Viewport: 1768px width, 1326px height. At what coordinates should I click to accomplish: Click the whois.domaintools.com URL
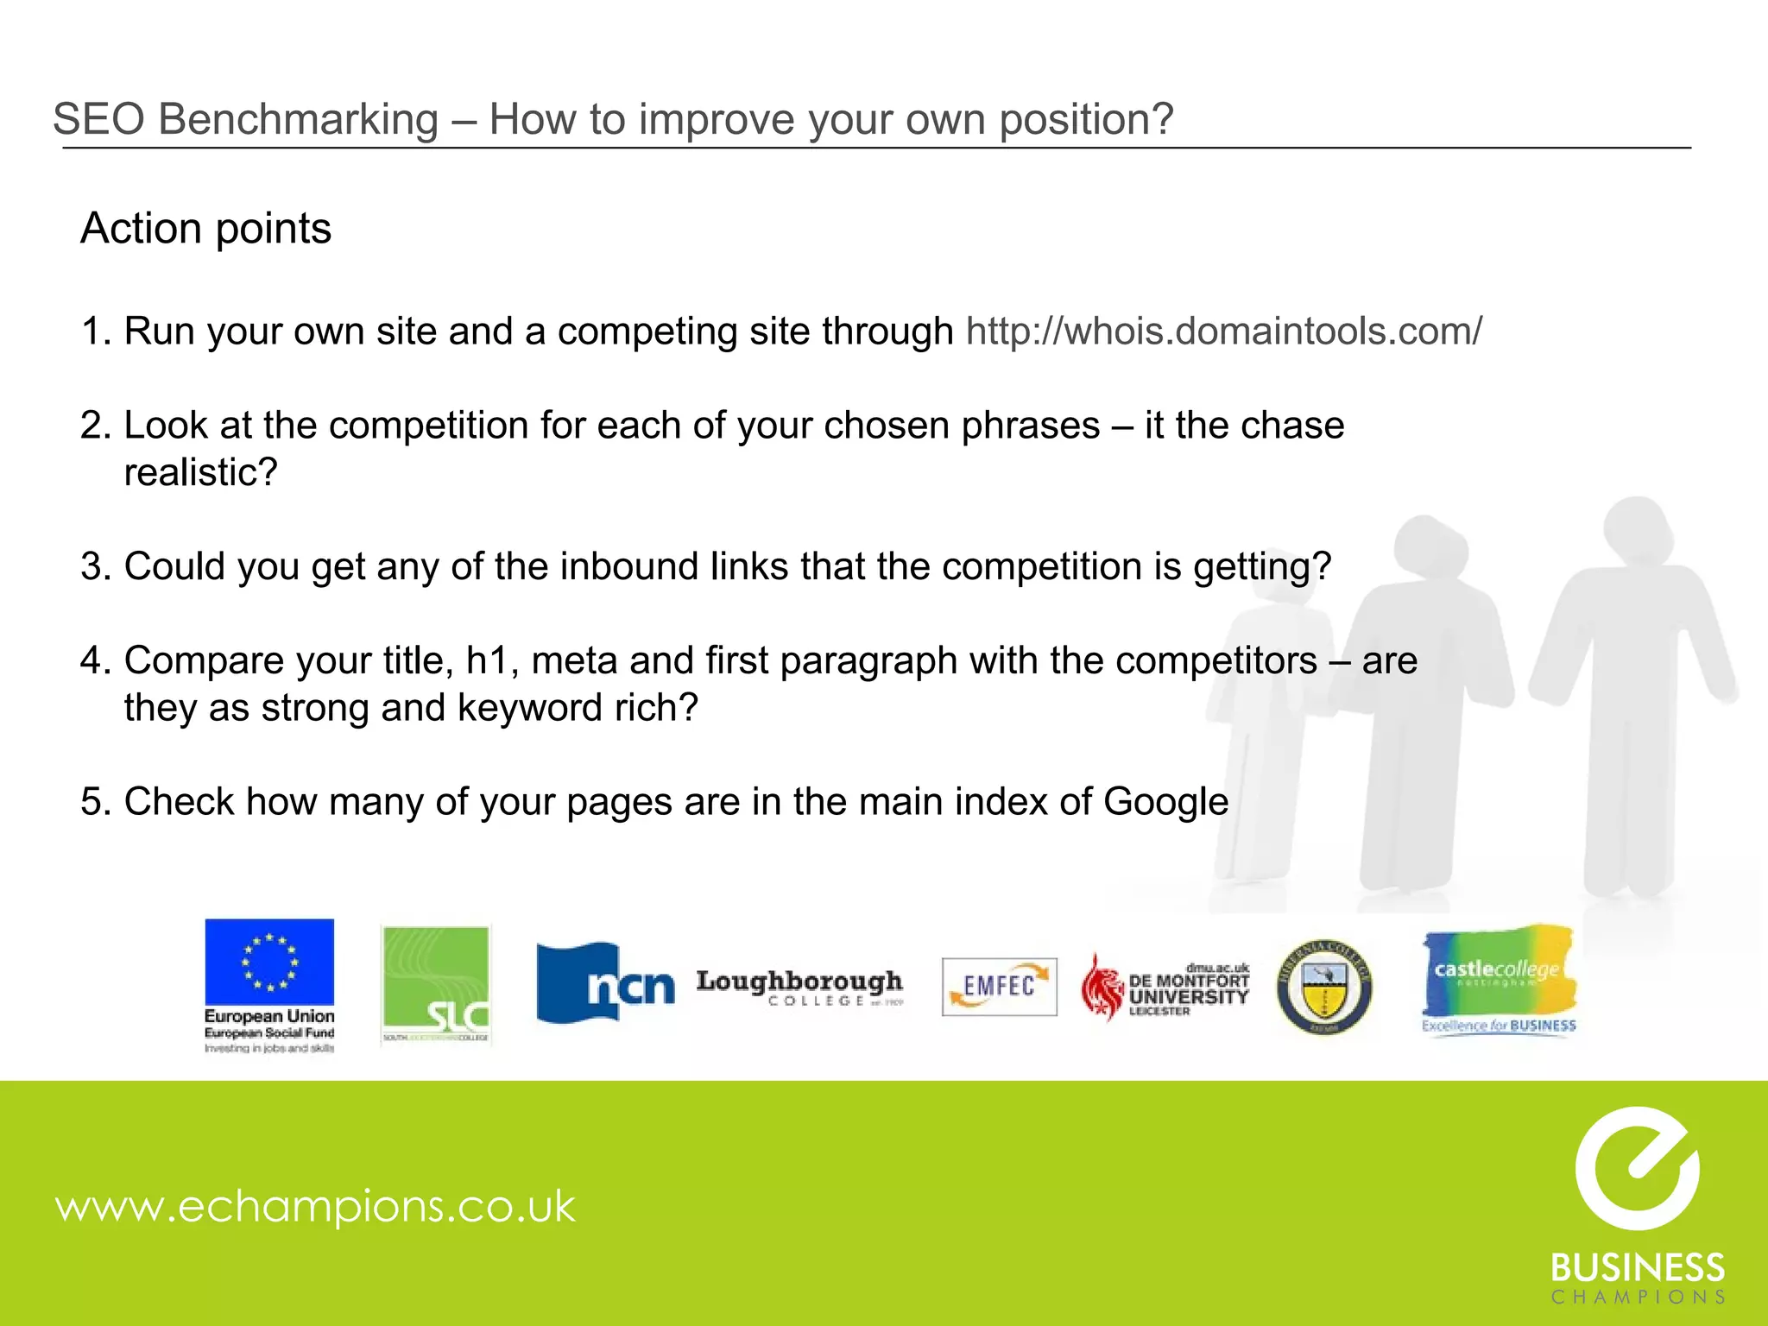1223,331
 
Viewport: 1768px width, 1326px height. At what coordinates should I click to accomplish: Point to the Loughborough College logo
799,988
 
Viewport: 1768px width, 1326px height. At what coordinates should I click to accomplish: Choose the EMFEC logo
999,986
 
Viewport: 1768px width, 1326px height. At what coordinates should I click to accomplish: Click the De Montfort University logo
1165,988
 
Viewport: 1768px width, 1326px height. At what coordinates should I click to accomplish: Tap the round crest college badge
1323,987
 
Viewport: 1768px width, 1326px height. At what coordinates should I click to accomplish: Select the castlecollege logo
1499,979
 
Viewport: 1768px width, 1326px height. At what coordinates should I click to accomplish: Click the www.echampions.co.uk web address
315,1206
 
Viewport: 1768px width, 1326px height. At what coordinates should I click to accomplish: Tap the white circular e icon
1637,1168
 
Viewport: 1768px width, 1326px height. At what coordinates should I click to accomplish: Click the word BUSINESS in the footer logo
1637,1268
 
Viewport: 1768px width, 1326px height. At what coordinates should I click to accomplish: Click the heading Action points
205,229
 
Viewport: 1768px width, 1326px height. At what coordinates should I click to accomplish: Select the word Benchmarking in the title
298,119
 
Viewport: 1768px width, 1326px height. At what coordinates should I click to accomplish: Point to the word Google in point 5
1165,802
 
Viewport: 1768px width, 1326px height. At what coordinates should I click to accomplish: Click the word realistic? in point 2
200,473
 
